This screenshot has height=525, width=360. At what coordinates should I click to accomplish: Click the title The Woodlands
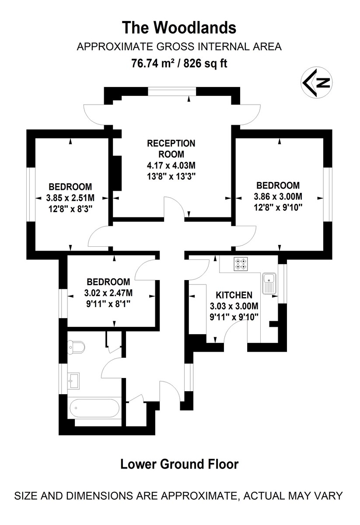tap(179, 28)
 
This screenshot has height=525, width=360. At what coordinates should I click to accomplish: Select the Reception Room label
tap(171, 149)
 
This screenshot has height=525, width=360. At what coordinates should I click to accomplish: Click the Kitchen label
tap(234, 295)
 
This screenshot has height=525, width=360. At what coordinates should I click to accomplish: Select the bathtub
tap(94, 409)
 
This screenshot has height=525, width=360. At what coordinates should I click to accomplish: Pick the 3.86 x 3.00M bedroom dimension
tap(279, 196)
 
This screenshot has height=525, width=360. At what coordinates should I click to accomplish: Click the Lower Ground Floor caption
tap(179, 464)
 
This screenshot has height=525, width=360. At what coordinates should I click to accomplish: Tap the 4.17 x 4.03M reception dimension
tap(171, 166)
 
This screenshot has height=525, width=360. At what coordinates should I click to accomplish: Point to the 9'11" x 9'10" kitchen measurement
tap(234, 316)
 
